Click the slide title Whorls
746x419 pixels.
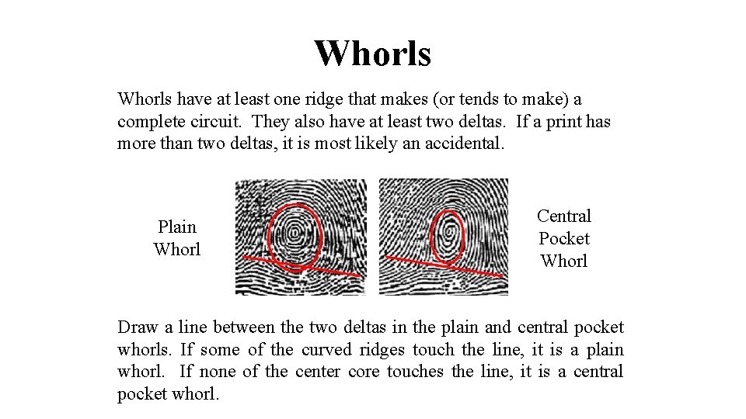[x=372, y=53]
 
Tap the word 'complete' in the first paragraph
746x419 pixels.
[x=148, y=122]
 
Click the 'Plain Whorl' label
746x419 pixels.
[x=177, y=238]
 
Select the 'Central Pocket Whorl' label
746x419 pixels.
[x=564, y=238]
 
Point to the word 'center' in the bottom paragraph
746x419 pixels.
[x=316, y=372]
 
